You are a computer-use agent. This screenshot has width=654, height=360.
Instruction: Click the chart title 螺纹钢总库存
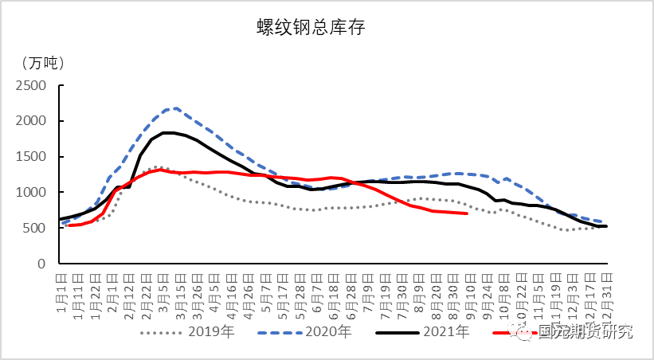[x=310, y=28]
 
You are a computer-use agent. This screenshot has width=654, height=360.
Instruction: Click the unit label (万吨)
[x=44, y=62]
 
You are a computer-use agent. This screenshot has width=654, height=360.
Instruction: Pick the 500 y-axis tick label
[x=41, y=228]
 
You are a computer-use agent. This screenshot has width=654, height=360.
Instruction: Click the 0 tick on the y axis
[x=49, y=263]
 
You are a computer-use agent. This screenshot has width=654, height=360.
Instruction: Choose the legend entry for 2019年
[x=195, y=331]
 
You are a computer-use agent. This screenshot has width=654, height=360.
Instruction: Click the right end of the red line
[x=467, y=213]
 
